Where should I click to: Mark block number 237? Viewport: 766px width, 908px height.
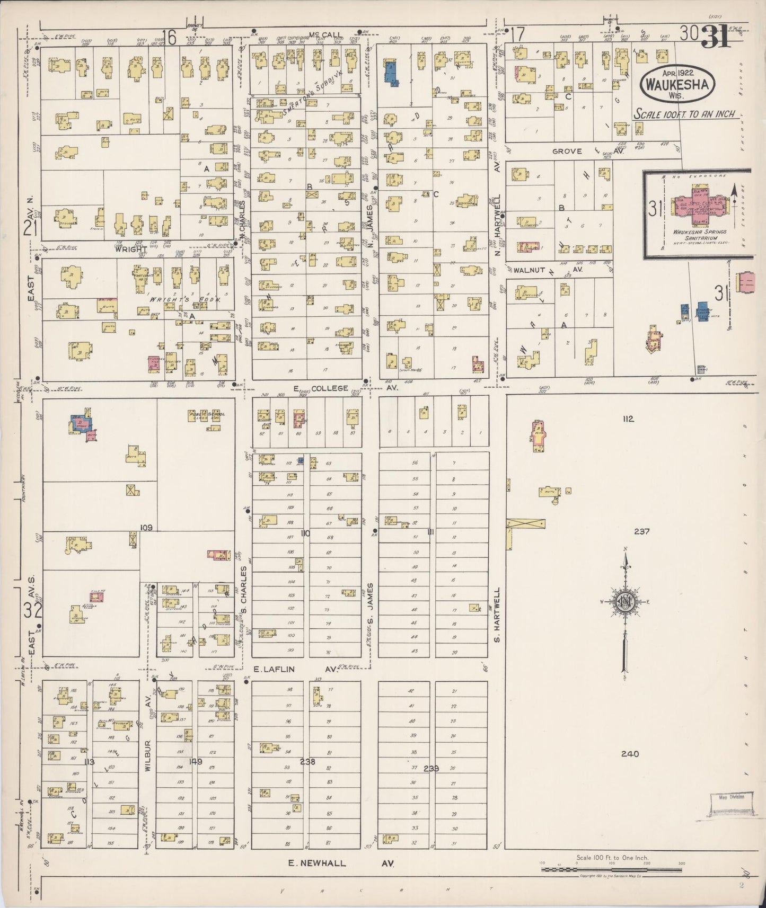641,531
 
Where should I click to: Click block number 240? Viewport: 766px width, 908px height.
630,754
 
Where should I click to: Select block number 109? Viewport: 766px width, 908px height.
146,528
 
